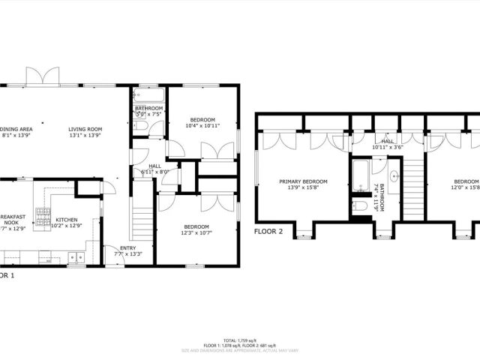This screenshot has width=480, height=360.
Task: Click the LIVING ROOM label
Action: (x=85, y=129)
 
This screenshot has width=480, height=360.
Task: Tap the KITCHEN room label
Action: (x=66, y=220)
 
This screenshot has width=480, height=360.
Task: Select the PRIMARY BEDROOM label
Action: (x=303, y=181)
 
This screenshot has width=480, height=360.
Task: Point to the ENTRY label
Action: (x=128, y=247)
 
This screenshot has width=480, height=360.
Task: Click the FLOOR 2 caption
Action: (x=268, y=231)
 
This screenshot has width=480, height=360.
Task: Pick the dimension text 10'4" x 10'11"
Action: (x=202, y=126)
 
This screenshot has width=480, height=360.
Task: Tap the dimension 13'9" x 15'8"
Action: (x=303, y=187)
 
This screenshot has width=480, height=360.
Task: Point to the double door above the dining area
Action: (x=43, y=76)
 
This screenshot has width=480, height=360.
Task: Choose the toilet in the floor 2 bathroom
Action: (x=360, y=203)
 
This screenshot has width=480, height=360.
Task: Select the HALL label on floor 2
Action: (x=387, y=141)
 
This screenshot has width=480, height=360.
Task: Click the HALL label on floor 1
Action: (x=154, y=166)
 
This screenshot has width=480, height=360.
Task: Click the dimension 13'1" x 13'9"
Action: (x=85, y=136)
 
